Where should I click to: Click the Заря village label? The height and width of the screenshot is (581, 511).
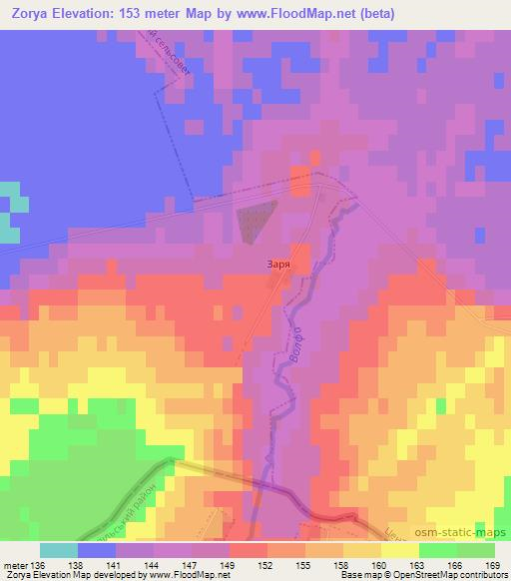point(279,266)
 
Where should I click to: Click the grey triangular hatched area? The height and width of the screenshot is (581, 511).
point(258,219)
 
